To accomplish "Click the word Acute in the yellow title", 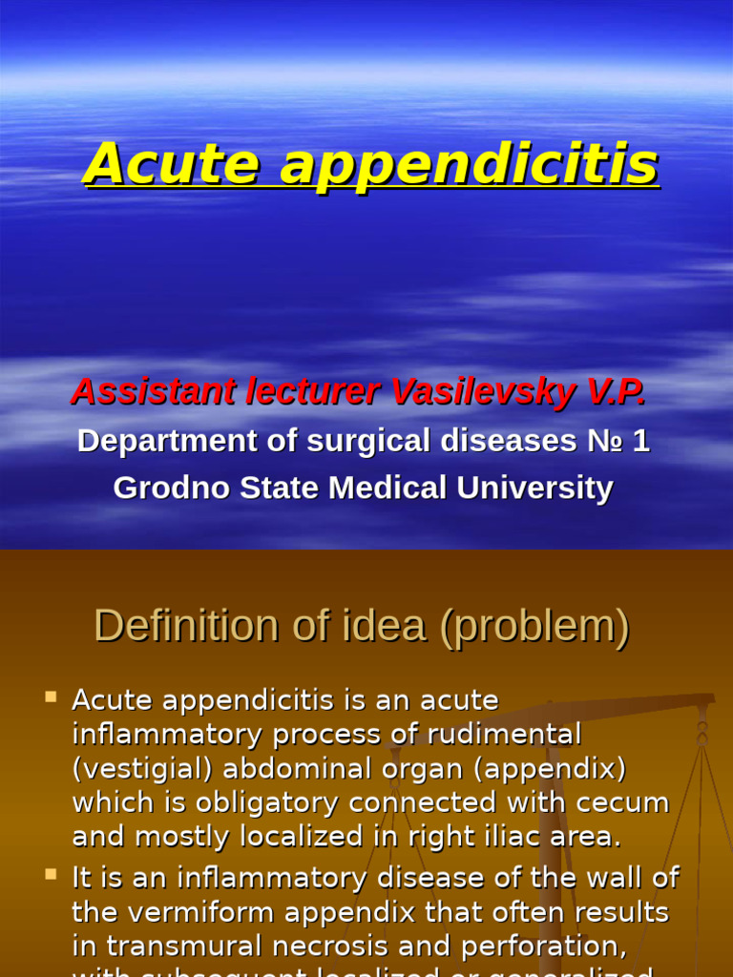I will click(171, 163).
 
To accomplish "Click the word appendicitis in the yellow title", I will click(469, 165).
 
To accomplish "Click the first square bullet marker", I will click(52, 697).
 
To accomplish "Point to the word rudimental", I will click(508, 735).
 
